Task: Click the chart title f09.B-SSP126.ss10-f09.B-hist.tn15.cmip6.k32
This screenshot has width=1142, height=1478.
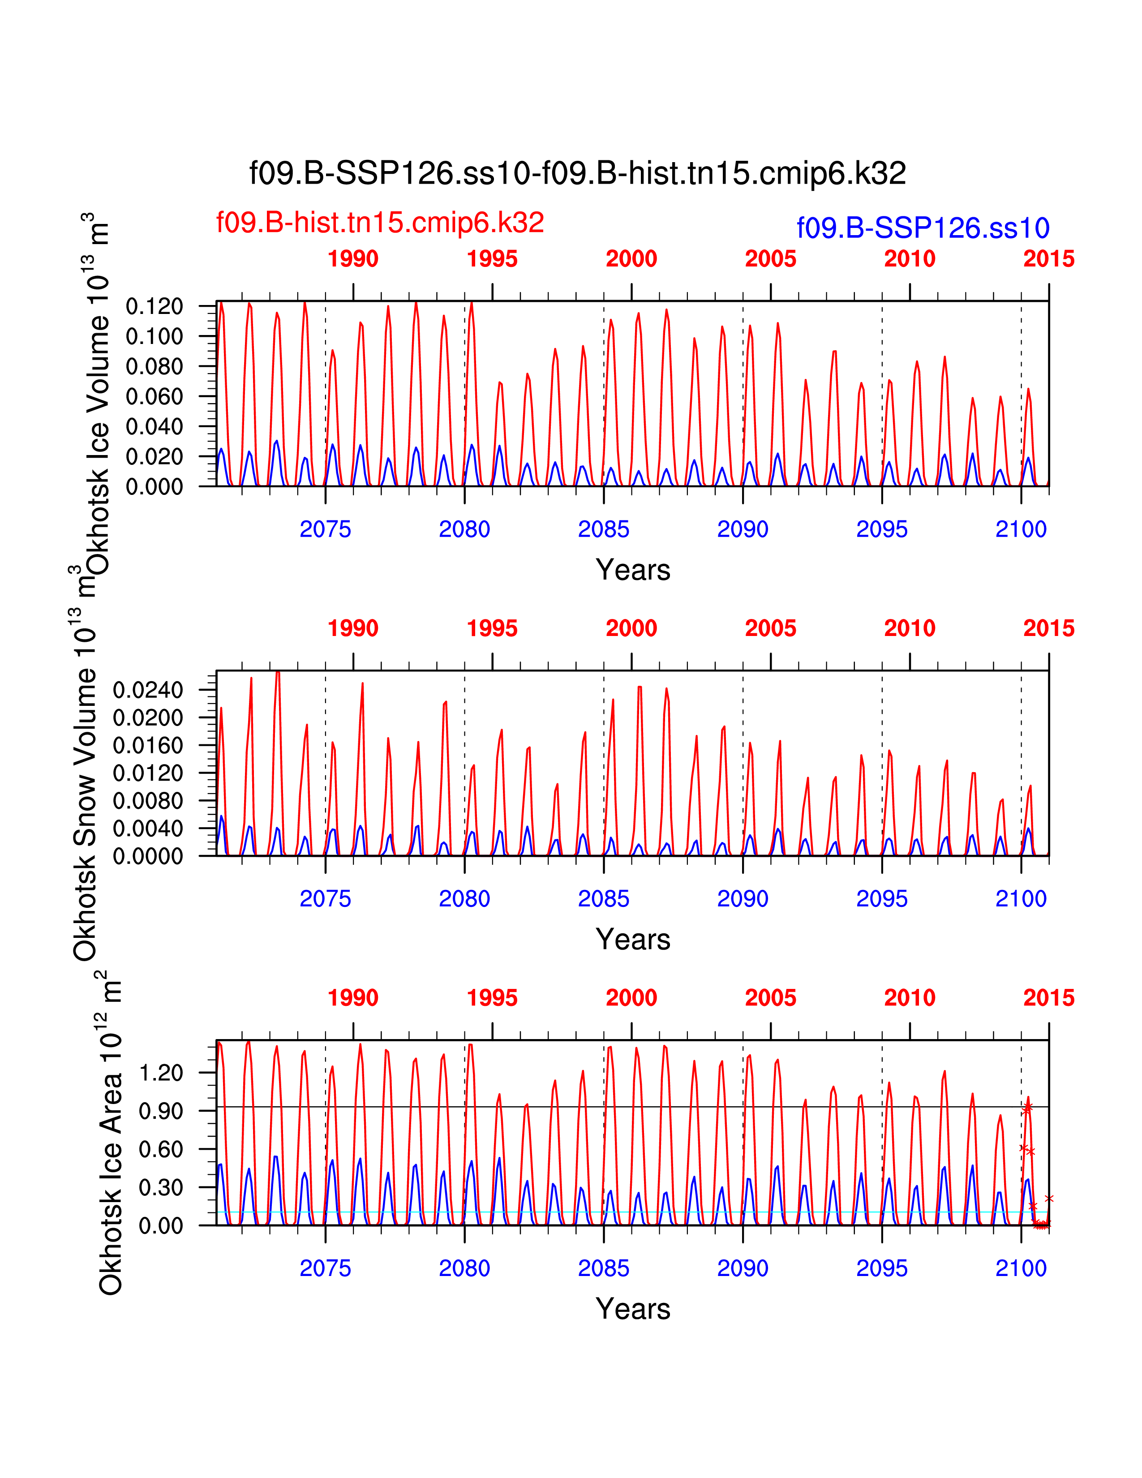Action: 577,173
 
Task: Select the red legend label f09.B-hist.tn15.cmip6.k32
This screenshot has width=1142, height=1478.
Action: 379,223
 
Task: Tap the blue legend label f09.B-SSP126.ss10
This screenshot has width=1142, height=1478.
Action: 923,228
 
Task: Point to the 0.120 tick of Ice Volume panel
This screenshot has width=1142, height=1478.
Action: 154,306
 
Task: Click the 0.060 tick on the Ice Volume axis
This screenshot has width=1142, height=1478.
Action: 154,396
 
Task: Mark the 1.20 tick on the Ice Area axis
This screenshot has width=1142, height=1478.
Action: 160,1073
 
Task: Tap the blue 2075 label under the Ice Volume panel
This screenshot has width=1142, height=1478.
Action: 326,529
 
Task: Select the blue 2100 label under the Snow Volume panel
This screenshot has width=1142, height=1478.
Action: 1021,899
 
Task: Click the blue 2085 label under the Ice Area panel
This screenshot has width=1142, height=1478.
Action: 604,1268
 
